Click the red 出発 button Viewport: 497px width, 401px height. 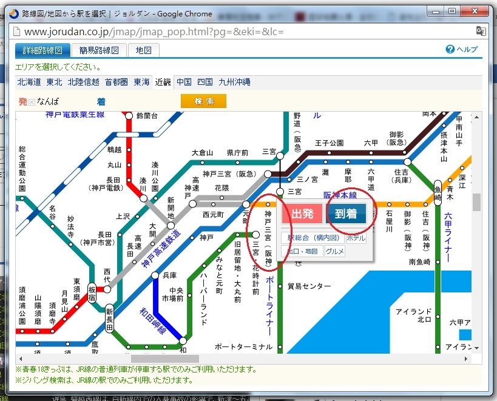[x=302, y=214]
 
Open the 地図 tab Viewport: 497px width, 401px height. [x=144, y=50]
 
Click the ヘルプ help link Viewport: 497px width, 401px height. [x=462, y=50]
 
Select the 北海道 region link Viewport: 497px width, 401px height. [x=29, y=81]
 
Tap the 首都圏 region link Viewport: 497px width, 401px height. [x=116, y=81]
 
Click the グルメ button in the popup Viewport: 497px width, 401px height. [x=334, y=251]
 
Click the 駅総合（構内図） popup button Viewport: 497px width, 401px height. [x=314, y=238]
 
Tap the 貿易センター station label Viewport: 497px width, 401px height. [x=309, y=286]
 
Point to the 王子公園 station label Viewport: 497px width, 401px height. [x=330, y=143]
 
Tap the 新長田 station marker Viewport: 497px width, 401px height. [x=109, y=318]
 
